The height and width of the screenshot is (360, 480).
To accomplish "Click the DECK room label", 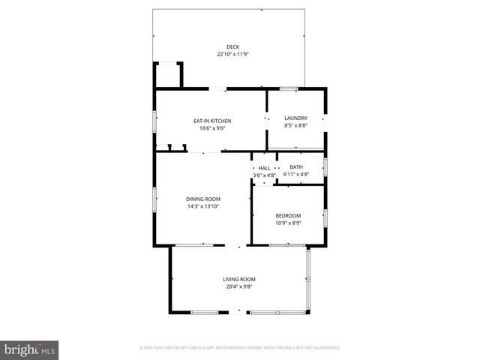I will point(233,47).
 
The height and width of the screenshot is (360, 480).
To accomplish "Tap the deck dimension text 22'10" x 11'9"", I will point(233,54).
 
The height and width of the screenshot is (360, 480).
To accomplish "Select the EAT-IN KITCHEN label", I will point(212,121).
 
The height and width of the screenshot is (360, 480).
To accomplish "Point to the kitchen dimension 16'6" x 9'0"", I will point(212,128).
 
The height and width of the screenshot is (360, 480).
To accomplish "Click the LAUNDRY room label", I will point(295,118).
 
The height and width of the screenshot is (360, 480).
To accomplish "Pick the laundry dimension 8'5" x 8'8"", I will point(295,125).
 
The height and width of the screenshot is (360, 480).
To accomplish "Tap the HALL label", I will point(264,167).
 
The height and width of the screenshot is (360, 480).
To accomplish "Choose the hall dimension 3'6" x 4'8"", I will point(264,175).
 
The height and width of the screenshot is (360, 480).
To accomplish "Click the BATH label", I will point(296,167).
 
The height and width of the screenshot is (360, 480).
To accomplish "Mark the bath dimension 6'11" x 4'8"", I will point(296,175).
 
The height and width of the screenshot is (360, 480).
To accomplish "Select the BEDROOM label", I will point(288,216).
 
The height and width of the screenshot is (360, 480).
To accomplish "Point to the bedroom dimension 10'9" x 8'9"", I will point(288,223).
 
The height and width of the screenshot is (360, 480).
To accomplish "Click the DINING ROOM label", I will point(203,199).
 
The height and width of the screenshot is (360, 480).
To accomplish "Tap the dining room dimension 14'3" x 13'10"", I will point(203,206).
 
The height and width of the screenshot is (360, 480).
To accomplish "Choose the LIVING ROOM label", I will point(239,279).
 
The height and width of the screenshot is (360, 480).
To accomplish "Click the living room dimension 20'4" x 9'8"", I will point(239,286).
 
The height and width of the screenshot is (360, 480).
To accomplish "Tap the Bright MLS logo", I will point(29,349).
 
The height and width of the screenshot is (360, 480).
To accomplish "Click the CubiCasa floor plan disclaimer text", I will point(240,348).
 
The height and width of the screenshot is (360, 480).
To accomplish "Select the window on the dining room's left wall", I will point(155,200).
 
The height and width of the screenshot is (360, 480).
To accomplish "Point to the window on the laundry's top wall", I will point(289,89).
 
